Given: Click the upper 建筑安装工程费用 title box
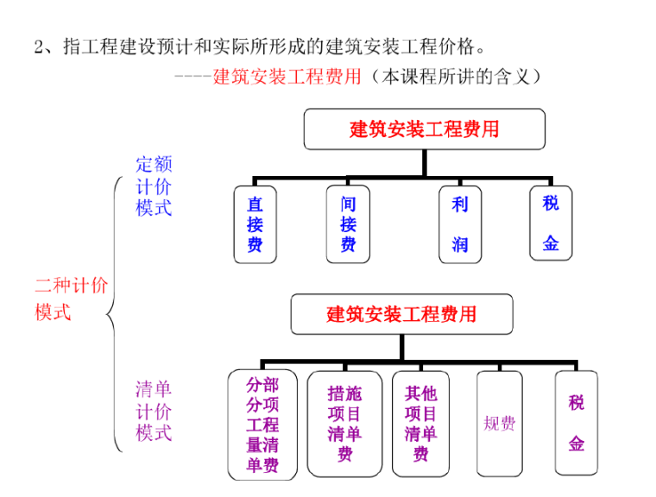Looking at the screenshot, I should tap(424, 129).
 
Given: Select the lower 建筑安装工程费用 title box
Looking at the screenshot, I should tap(401, 314).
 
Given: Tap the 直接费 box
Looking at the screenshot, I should tap(255, 224).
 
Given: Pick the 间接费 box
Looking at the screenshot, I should tap(348, 224).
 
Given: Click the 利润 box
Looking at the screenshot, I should tap(459, 224).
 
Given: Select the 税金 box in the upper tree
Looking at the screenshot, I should tap(551, 223).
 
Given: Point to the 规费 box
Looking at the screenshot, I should tap(499, 424).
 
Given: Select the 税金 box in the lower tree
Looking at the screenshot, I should tap(577, 423).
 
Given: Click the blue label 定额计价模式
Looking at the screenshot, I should tap(154, 186).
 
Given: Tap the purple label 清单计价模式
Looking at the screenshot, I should tap(154, 411).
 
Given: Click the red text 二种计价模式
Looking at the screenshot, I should tap(71, 299).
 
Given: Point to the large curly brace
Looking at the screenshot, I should tap(113, 315).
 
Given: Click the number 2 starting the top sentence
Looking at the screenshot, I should tap(39, 46).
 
